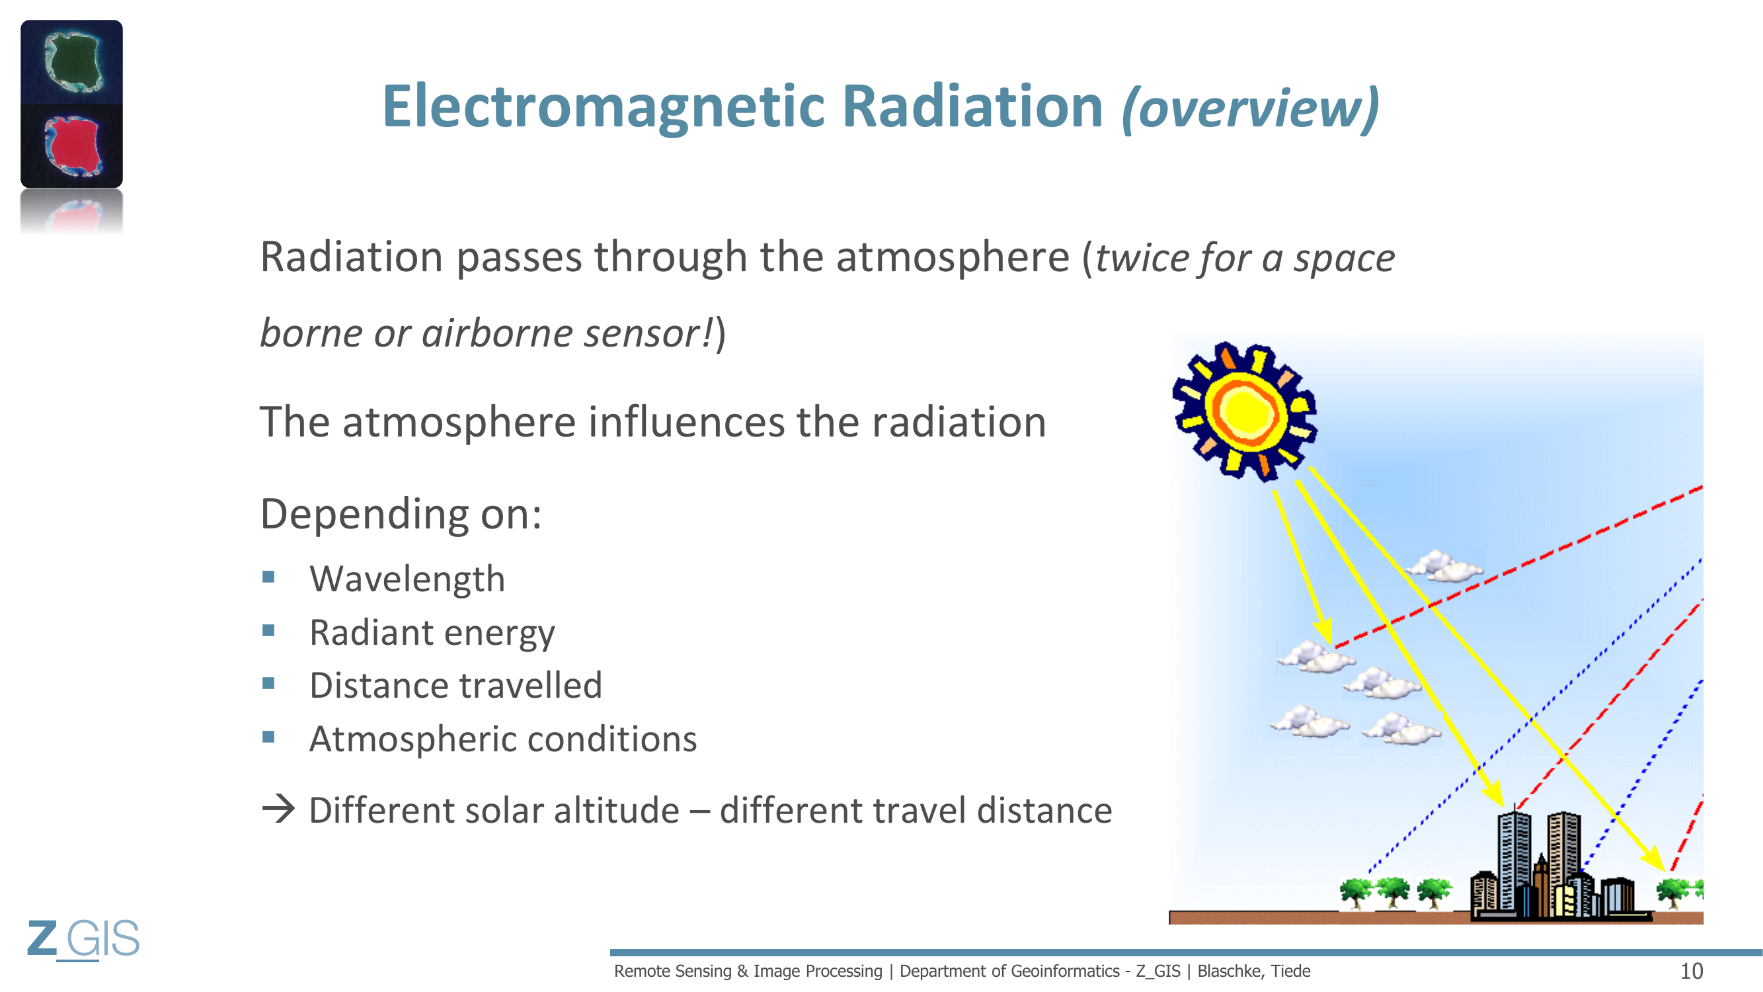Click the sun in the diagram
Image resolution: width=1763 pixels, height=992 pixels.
pos(1244,411)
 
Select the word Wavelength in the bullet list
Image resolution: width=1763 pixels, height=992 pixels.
pos(407,579)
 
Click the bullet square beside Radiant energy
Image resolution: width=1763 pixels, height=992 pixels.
pos(268,630)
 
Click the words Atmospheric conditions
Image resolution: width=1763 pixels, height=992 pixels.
pos(503,739)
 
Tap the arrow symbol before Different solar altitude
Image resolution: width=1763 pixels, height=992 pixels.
pos(278,809)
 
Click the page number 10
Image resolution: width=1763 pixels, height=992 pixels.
pos(1692,971)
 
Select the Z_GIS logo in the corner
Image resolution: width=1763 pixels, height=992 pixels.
pos(83,938)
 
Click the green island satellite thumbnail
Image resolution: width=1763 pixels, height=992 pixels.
pos(72,62)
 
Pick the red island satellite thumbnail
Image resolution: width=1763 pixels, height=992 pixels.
pos(72,145)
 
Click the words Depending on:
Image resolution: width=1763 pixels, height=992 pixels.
pos(401,514)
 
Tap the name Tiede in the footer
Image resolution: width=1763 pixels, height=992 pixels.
pos(1291,971)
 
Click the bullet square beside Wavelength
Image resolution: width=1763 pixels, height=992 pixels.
pos(268,577)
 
